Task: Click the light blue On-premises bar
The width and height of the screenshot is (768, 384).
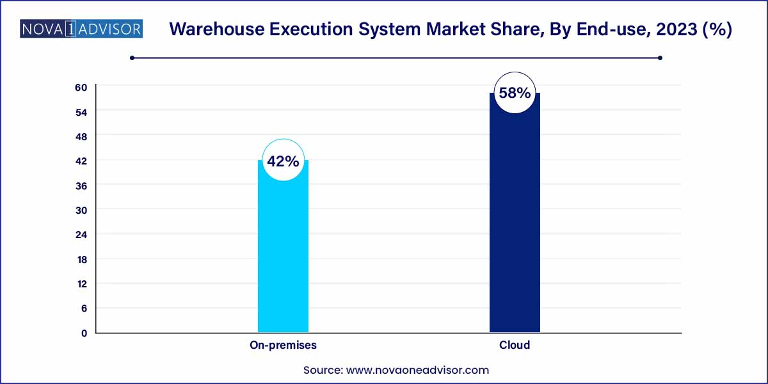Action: [283, 256]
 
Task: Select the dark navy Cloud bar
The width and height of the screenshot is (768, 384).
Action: [515, 224]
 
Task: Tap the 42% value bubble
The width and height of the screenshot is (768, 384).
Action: [283, 161]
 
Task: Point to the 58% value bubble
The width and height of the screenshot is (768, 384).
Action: [515, 93]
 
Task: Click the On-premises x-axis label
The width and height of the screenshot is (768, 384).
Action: [283, 345]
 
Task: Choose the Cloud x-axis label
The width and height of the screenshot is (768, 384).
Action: [515, 345]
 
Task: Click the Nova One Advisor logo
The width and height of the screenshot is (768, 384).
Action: [81, 29]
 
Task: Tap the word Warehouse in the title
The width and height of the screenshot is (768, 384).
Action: [212, 29]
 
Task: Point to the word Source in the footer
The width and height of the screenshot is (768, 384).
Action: [323, 370]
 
